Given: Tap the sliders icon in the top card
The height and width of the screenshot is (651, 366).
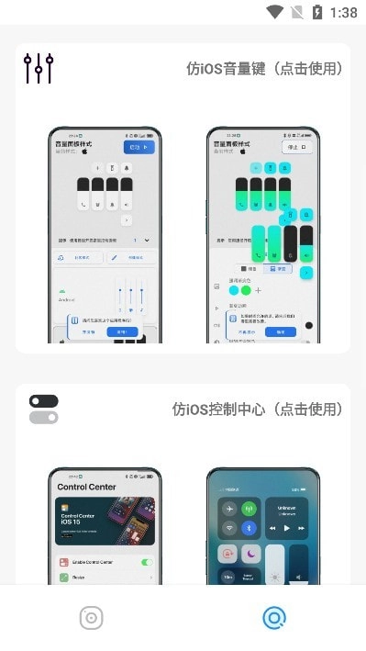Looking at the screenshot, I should [39, 68].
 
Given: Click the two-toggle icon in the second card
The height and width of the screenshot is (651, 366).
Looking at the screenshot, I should [43, 410].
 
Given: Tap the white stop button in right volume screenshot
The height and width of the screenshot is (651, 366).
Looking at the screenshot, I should [297, 146].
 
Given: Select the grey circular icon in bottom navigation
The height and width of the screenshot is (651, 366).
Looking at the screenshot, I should [91, 618].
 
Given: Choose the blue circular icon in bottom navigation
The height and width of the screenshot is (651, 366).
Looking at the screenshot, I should [273, 618].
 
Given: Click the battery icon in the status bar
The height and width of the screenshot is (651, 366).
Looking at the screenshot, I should [317, 12].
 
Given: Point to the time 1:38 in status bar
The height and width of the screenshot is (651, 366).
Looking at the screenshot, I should [343, 13].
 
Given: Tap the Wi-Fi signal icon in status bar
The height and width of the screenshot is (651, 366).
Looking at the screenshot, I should [275, 12].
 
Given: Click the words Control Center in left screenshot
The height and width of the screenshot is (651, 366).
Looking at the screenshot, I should [88, 487].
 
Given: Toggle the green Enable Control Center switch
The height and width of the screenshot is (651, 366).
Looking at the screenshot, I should [146, 562].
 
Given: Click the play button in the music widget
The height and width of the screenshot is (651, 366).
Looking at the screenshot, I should [287, 529].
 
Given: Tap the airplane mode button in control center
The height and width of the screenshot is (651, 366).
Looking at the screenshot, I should [227, 509].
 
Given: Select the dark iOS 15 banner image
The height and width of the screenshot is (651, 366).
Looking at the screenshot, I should [105, 524].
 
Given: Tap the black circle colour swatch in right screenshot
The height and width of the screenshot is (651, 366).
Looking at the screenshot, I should [309, 325].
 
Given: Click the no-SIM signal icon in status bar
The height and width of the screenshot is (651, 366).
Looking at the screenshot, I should [296, 12].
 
